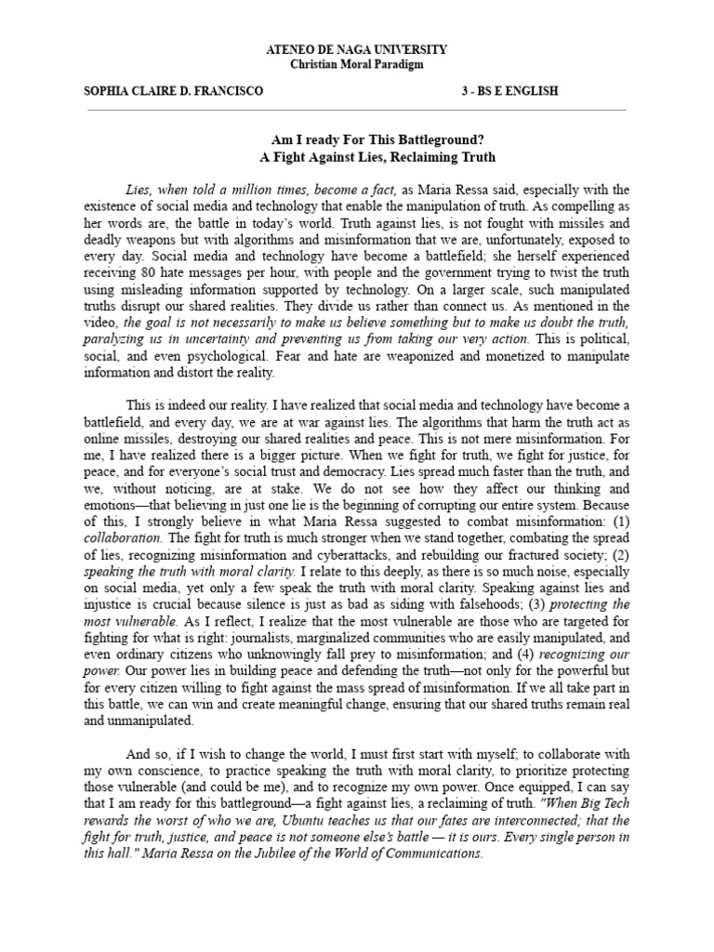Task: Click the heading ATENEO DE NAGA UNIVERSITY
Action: [x=356, y=48]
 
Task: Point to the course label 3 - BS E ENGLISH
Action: [x=510, y=91]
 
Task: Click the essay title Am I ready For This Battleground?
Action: [x=356, y=140]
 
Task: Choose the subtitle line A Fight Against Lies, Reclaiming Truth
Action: [x=356, y=157]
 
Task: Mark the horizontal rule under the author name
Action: [x=356, y=109]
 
